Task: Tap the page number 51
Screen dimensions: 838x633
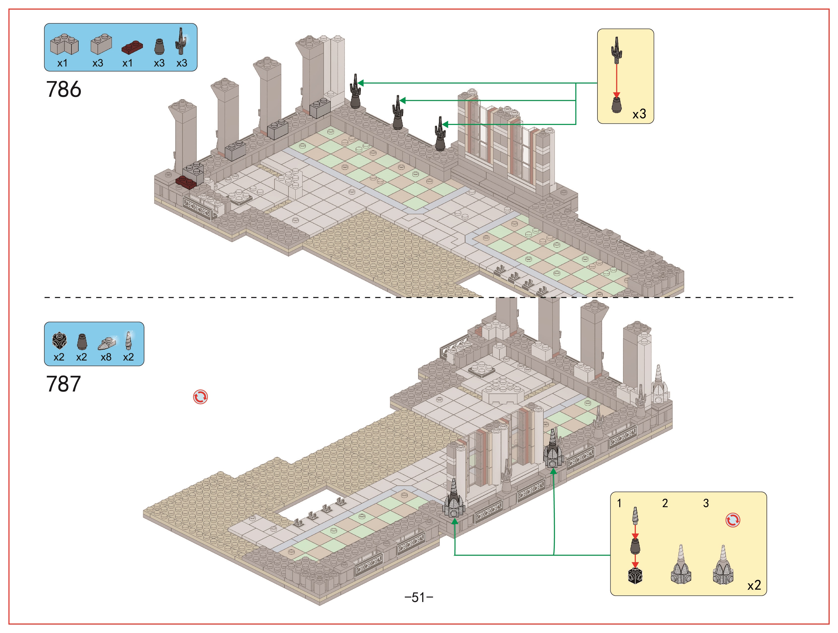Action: coord(419,597)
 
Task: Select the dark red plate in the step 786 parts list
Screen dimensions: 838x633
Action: coord(132,47)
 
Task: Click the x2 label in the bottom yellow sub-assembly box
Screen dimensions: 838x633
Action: coord(754,585)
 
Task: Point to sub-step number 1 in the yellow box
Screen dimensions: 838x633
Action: coord(619,503)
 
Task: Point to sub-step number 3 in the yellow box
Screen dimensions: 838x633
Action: coord(706,503)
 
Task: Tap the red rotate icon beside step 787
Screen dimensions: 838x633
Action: coord(200,397)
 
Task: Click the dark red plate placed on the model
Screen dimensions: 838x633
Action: coord(186,182)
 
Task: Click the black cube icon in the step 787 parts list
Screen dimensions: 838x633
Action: coord(60,341)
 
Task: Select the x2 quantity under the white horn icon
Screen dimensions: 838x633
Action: coord(128,357)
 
